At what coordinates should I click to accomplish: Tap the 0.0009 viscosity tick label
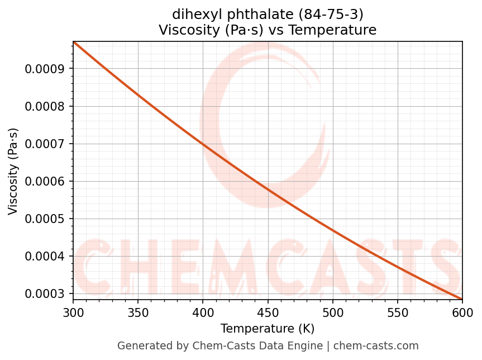45,69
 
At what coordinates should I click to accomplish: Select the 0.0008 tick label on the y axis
45,106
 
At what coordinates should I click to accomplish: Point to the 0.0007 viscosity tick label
45,144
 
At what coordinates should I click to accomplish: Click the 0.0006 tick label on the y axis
45,181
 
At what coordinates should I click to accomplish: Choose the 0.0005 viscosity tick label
45,219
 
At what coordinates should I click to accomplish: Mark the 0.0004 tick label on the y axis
45,256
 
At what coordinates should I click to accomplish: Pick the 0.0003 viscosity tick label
45,293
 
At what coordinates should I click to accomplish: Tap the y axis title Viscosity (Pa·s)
13,171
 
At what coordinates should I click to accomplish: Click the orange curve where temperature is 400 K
203,144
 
